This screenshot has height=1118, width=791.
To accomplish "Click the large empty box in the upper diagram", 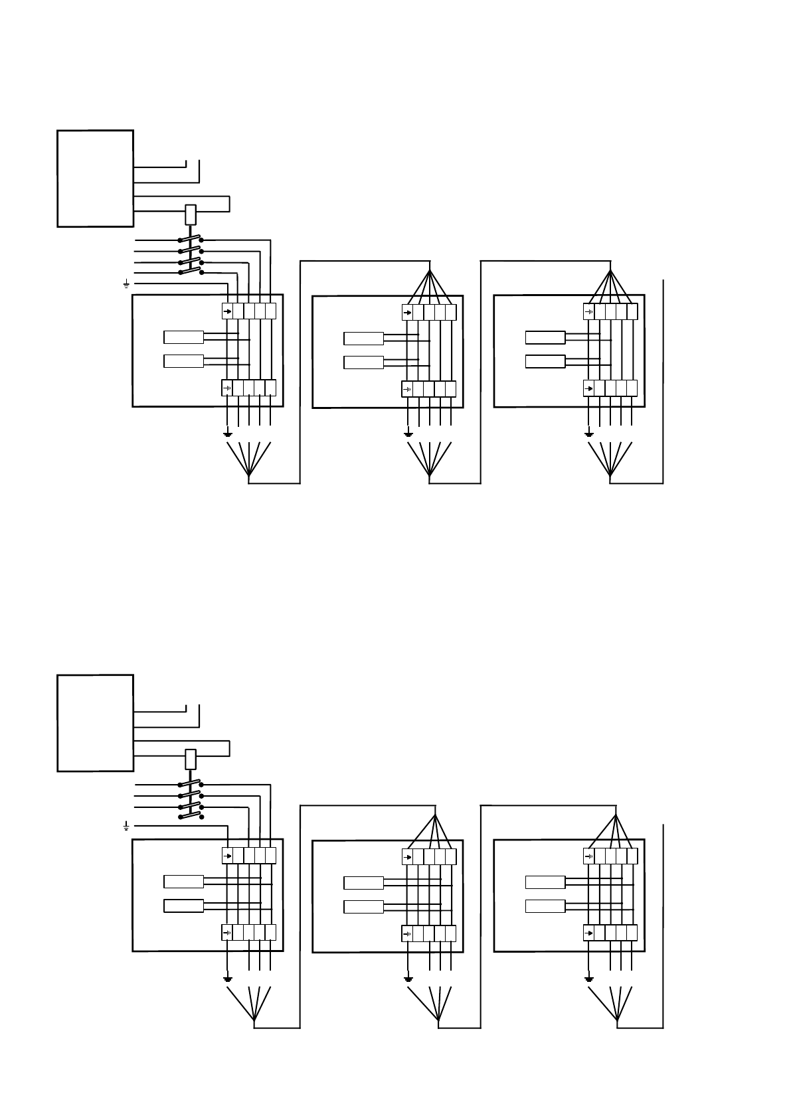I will (x=95, y=179).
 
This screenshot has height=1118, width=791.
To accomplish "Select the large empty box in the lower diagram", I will (x=95, y=723).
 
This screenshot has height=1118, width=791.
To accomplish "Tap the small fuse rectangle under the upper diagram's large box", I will (x=191, y=214).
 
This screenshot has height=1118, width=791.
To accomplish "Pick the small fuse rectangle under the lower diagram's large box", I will (x=191, y=759).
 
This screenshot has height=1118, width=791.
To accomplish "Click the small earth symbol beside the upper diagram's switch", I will (x=126, y=284).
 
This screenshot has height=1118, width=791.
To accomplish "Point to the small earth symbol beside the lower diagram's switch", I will (x=126, y=826).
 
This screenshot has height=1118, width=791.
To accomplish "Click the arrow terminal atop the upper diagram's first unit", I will (x=227, y=311).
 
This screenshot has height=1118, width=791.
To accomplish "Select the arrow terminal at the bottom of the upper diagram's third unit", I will (x=588, y=388).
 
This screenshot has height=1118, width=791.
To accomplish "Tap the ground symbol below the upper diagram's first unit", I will (x=228, y=434).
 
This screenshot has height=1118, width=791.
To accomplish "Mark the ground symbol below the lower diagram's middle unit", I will (x=408, y=978).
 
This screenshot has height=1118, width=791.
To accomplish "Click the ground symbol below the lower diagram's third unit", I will (x=588, y=978).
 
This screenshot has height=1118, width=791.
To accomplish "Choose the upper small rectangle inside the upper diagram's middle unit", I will (x=363, y=339).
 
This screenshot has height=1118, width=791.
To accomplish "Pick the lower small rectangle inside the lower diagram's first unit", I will (x=183, y=906).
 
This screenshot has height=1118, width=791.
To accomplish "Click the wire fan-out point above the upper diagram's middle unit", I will (x=430, y=272).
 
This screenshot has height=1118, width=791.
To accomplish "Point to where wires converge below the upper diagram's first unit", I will (x=249, y=476).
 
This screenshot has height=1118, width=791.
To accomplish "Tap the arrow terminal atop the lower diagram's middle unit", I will (x=408, y=856).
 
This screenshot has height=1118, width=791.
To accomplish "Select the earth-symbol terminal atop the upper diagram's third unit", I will (x=588, y=311).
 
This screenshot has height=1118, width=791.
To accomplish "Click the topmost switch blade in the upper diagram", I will (x=191, y=240).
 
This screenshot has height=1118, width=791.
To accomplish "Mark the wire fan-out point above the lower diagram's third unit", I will (x=616, y=816).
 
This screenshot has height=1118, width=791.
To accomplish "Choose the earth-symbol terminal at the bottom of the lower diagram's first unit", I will (x=227, y=932).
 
